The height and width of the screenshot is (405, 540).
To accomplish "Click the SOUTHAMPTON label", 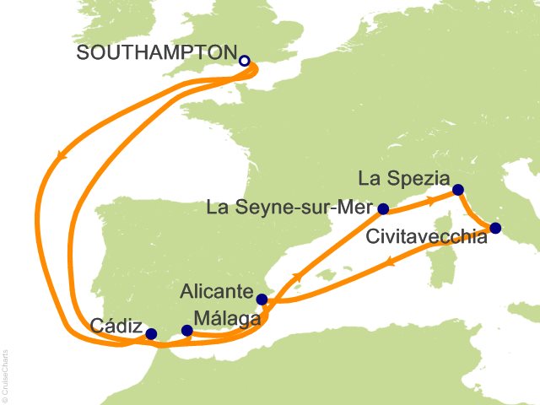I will tap(154, 52).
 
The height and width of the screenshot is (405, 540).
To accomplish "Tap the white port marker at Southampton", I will tap(245, 61).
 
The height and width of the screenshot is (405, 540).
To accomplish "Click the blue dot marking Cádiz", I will tap(151, 334).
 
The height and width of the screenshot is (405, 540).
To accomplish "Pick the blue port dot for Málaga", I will tap(186, 330).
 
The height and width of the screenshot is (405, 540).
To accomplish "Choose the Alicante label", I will tap(217, 292).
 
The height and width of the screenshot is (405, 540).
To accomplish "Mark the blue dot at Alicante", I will tap(262, 299).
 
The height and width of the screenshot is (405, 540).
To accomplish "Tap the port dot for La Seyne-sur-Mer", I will tap(383, 208).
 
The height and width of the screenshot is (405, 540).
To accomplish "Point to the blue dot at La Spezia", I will tap(457, 190).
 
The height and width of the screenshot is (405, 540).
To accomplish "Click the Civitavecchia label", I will tap(427, 238).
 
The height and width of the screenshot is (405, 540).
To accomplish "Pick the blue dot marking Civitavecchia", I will tap(495, 228).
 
